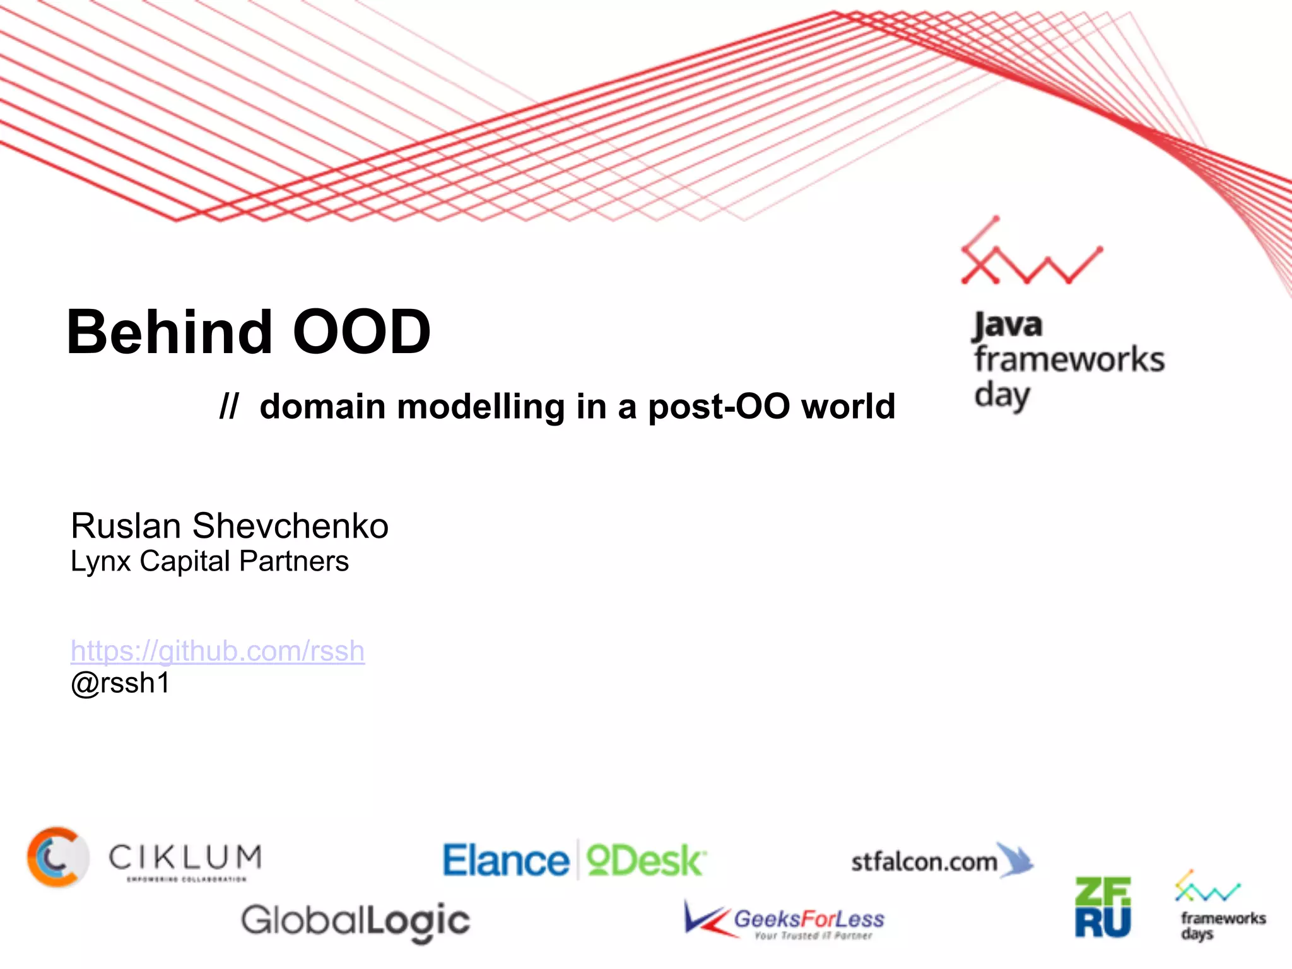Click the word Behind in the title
pyautogui.click(x=169, y=332)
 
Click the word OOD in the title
pyautogui.click(x=361, y=332)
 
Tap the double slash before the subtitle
pyautogui.click(x=228, y=406)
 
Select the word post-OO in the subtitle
pyautogui.click(x=719, y=407)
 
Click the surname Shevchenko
pyautogui.click(x=290, y=526)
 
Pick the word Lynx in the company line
pyautogui.click(x=100, y=561)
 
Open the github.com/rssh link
pyautogui.click(x=218, y=651)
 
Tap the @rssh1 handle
pyautogui.click(x=120, y=683)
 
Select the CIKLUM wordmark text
pyautogui.click(x=185, y=858)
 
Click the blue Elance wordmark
pyautogui.click(x=506, y=861)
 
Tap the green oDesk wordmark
pyautogui.click(x=645, y=861)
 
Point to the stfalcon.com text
pyautogui.click(x=924, y=862)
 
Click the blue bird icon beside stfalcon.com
pyautogui.click(x=1016, y=859)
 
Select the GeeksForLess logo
pyautogui.click(x=785, y=920)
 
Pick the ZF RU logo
pyautogui.click(x=1103, y=907)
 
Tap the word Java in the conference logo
pyautogui.click(x=1007, y=326)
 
